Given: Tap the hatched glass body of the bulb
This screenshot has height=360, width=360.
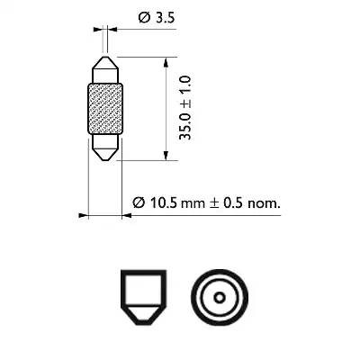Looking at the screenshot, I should coord(106,112).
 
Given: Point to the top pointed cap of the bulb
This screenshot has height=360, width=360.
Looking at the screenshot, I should coord(106,68).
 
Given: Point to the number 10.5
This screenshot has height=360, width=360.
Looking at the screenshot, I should coord(161,203).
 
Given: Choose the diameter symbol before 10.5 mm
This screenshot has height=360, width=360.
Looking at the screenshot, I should coord(138,203).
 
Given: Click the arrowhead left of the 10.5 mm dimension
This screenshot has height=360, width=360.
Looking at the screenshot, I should coord(82,216).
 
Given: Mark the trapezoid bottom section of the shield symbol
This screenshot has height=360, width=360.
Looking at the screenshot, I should coord(146,317).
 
